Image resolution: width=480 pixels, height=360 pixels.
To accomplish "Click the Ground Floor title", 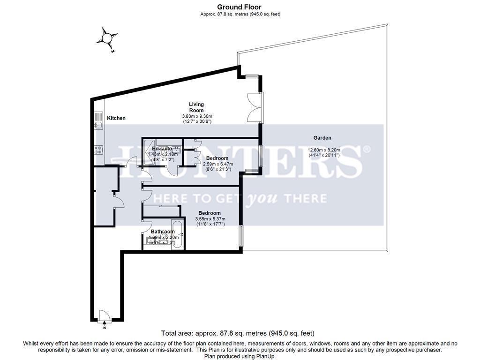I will point(240,7).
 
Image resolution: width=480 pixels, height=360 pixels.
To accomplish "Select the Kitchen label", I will point(116,118).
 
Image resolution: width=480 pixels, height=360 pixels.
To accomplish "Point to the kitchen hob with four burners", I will point(99,150).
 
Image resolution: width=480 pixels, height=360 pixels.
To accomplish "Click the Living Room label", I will point(196,107).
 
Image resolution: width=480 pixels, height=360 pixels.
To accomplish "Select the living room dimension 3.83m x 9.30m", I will point(197,116).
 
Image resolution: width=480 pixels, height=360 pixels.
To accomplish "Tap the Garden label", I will point(322,138).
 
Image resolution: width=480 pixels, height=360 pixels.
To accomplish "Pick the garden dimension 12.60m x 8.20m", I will point(323,150).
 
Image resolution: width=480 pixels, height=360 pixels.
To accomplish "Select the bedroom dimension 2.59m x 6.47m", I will point(217,164).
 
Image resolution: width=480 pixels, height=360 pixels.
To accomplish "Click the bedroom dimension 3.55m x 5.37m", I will point(210,219).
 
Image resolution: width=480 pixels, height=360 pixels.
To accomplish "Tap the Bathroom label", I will point(163,232).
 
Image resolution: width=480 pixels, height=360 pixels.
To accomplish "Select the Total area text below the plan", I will point(237,334).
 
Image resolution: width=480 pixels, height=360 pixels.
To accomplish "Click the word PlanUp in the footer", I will point(265,356).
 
